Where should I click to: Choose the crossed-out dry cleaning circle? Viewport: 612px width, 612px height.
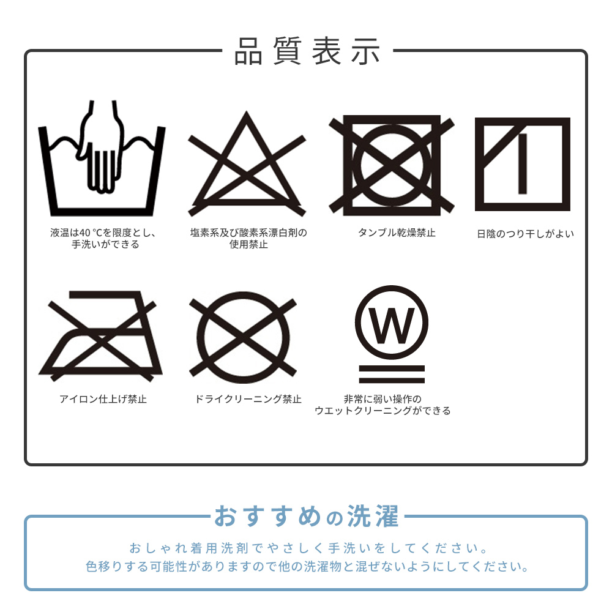243,337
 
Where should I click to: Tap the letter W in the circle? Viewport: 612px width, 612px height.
392,326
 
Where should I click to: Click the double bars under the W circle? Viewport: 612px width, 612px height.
392,375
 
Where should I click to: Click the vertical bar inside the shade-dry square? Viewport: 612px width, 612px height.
523,163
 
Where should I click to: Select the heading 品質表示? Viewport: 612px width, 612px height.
307,51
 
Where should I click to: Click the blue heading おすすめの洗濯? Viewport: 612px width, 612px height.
307,516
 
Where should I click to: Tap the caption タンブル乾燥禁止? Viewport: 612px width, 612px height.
397,233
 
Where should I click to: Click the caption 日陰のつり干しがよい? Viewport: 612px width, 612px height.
525,234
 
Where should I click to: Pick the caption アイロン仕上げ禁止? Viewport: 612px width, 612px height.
103,399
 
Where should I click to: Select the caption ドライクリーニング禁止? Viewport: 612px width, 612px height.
248,399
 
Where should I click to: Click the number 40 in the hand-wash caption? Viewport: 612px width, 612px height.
85,233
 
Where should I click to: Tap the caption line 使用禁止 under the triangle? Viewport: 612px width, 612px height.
248,245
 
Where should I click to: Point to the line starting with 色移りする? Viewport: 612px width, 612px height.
307,566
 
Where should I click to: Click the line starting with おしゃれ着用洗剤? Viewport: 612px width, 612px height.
308,548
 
